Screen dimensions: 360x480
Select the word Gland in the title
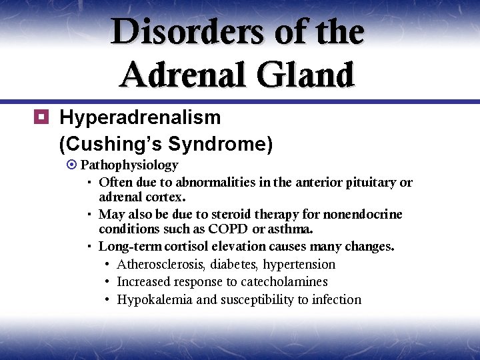click(x=309, y=74)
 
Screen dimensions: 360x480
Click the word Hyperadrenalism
click(x=140, y=118)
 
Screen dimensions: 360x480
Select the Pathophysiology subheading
click(x=129, y=165)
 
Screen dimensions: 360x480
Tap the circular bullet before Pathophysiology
click(x=73, y=165)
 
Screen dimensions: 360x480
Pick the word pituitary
click(x=371, y=182)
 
